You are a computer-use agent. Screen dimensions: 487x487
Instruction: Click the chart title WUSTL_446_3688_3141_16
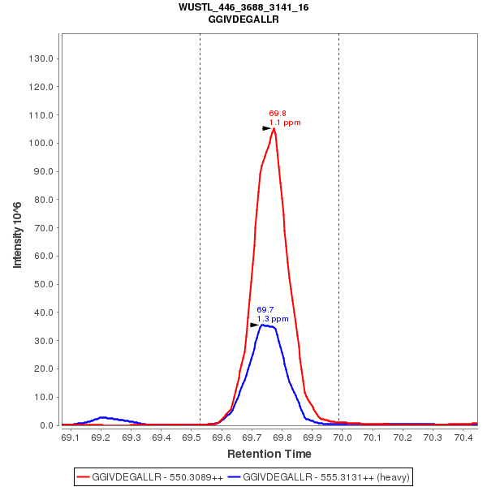[x=243, y=7]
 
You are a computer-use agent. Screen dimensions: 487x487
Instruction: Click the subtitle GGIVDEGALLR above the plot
[x=243, y=19]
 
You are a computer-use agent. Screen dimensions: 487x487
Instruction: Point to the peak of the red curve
[x=274, y=128]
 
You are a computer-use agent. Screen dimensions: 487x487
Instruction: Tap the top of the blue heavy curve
[x=263, y=325]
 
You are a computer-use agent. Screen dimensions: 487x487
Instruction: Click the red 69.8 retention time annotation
[x=277, y=114]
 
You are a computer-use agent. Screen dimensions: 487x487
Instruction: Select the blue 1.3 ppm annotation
[x=273, y=319]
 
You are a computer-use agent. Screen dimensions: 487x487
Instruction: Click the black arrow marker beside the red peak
[x=266, y=128]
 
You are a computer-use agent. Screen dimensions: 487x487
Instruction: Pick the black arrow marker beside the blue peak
[x=254, y=325]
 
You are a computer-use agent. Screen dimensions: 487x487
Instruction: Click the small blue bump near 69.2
[x=102, y=417]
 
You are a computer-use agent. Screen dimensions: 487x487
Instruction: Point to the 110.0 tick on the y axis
[x=41, y=115]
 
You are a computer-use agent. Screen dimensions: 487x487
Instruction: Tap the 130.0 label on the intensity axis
[x=41, y=58]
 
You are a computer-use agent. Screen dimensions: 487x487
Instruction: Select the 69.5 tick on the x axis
[x=192, y=438]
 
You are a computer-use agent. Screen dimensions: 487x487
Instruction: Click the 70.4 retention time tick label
[x=463, y=438]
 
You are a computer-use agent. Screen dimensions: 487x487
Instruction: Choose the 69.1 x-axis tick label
[x=71, y=438]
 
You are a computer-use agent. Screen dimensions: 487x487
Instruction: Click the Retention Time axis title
[x=269, y=454]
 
